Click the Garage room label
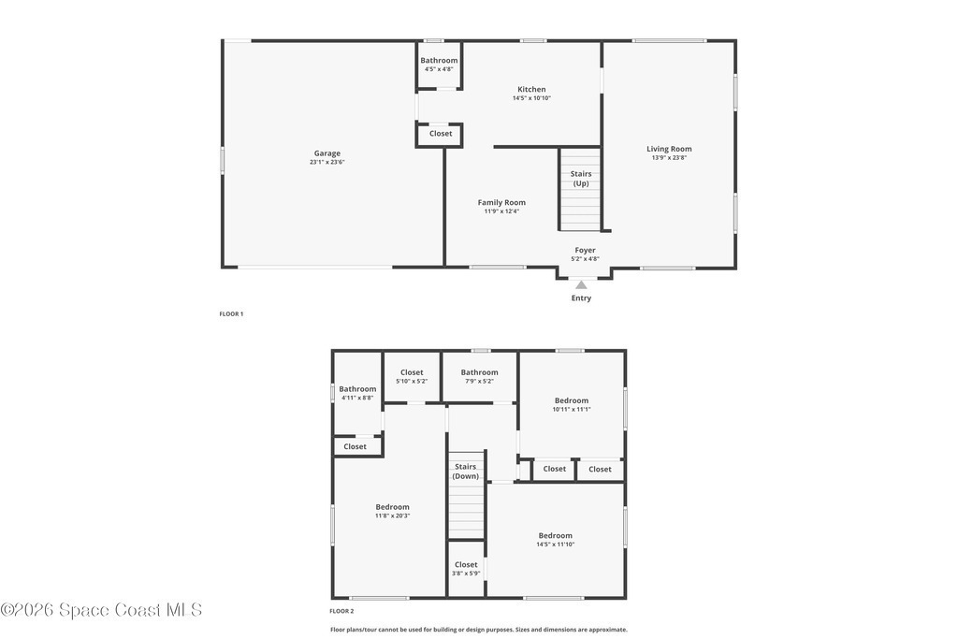327,153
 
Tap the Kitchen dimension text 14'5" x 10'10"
531,97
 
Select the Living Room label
669,149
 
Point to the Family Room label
501,202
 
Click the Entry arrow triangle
581,284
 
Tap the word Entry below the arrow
581,298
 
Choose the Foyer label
585,250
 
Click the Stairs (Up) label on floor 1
581,179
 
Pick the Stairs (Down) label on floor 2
466,471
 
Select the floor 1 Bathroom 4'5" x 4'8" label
439,65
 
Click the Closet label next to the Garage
441,133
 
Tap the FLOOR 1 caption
231,314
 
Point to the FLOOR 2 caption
341,611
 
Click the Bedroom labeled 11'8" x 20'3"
392,511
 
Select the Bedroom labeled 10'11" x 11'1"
572,404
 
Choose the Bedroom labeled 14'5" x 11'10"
556,540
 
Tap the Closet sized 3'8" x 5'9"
466,569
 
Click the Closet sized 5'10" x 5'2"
412,376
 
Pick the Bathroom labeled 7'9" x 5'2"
479,376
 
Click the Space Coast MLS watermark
101,610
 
